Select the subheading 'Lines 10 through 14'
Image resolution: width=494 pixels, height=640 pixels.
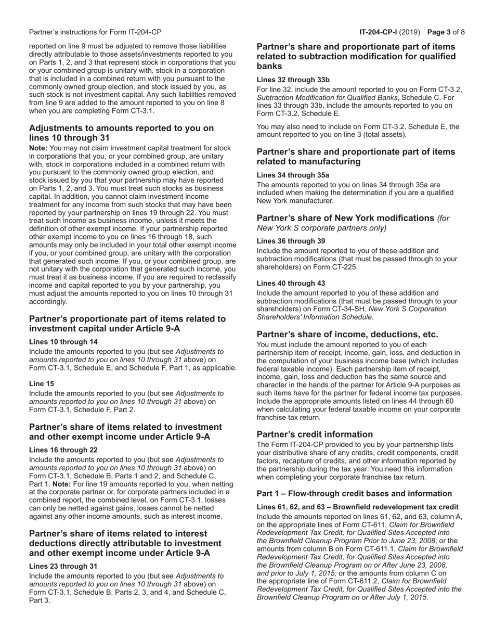(x=63, y=342)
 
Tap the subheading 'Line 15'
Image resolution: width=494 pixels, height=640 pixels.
(x=42, y=383)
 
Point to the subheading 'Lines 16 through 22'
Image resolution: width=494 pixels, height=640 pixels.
(x=63, y=450)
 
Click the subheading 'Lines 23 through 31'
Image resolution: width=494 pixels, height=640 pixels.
(x=63, y=566)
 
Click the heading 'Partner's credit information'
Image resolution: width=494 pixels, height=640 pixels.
(x=315, y=434)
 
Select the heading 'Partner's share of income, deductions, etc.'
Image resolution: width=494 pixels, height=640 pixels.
(x=347, y=335)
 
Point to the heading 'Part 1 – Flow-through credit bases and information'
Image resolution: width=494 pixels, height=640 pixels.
(x=354, y=493)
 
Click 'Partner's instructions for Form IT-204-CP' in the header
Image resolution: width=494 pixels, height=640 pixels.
(x=95, y=32)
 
